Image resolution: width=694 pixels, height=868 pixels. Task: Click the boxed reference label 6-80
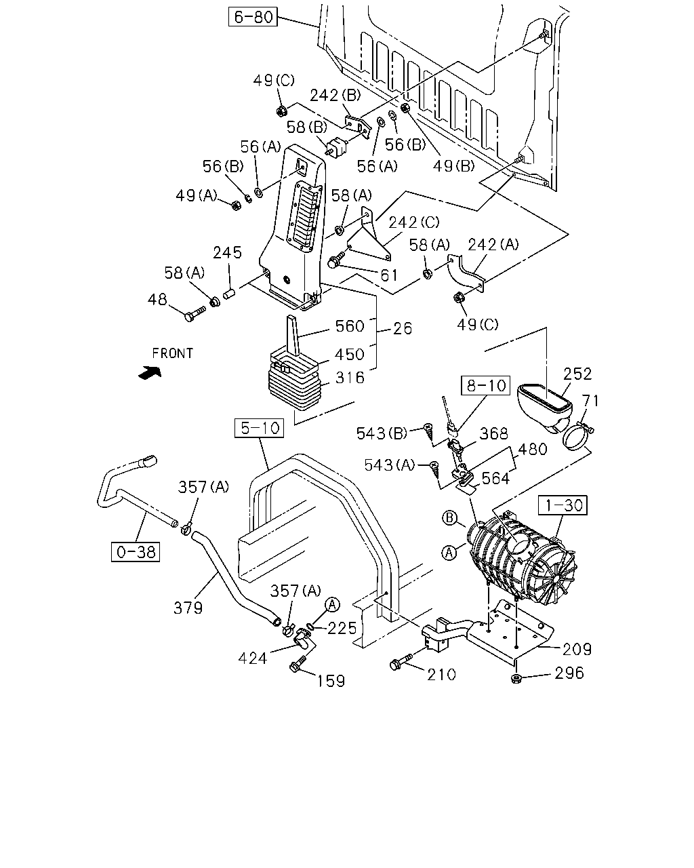tap(253, 17)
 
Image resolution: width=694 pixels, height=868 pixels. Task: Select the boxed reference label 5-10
tap(260, 428)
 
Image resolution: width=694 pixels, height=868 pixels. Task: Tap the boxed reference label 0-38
tap(136, 552)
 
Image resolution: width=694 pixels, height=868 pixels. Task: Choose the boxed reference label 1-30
tap(563, 505)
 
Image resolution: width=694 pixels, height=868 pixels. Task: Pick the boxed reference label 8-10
tap(485, 386)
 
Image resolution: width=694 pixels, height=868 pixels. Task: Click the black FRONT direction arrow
tap(150, 372)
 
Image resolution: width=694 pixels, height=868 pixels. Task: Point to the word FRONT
tap(173, 353)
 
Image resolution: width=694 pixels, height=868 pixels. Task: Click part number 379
tap(188, 608)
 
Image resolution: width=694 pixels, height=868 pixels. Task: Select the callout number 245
tap(228, 252)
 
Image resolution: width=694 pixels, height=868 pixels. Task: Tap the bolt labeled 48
tap(195, 313)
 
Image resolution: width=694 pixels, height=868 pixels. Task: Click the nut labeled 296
tap(515, 678)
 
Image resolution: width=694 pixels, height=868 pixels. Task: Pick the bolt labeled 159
tap(298, 664)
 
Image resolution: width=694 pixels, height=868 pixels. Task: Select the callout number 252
tap(577, 374)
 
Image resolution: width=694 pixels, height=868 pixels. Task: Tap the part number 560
tap(350, 326)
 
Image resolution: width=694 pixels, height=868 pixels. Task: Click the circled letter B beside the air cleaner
tap(449, 517)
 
